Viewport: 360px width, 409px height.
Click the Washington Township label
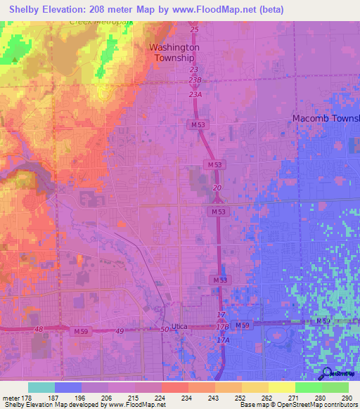pyautogui.click(x=174, y=52)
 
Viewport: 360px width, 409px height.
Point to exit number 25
pyautogui.click(x=194, y=31)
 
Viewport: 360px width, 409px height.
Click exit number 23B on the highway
pyautogui.click(x=195, y=80)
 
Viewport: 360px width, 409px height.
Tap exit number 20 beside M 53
pyautogui.click(x=217, y=188)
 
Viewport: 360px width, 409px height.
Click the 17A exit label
pyautogui.click(x=222, y=340)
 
